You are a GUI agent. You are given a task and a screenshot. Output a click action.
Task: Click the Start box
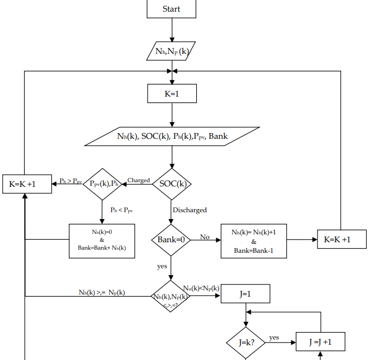(x=171, y=9)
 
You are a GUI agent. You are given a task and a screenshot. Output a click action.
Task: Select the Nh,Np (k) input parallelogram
(x=171, y=51)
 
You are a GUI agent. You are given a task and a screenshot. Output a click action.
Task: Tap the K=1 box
(x=171, y=93)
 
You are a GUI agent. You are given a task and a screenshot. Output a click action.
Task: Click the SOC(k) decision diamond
(x=172, y=184)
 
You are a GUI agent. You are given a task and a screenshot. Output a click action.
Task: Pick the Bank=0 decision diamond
(x=171, y=239)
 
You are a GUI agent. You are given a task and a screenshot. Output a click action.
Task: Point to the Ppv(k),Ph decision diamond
(x=103, y=184)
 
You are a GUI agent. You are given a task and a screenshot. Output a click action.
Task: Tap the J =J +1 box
(x=320, y=342)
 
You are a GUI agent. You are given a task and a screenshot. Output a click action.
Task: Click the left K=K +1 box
(x=26, y=184)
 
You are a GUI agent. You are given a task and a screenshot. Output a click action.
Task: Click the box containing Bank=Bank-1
(x=253, y=241)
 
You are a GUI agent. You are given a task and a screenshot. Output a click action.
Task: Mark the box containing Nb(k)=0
(x=102, y=240)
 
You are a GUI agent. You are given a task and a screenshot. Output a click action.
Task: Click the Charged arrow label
(x=139, y=180)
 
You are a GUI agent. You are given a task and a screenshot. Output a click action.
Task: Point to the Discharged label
(x=189, y=210)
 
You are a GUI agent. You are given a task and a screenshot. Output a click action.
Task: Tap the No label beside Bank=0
(x=205, y=236)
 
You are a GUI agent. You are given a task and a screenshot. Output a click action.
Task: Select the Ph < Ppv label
(x=121, y=210)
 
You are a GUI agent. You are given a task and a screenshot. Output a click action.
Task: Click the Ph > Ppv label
(x=70, y=181)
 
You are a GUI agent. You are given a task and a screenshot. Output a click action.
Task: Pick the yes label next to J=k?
(x=274, y=337)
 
